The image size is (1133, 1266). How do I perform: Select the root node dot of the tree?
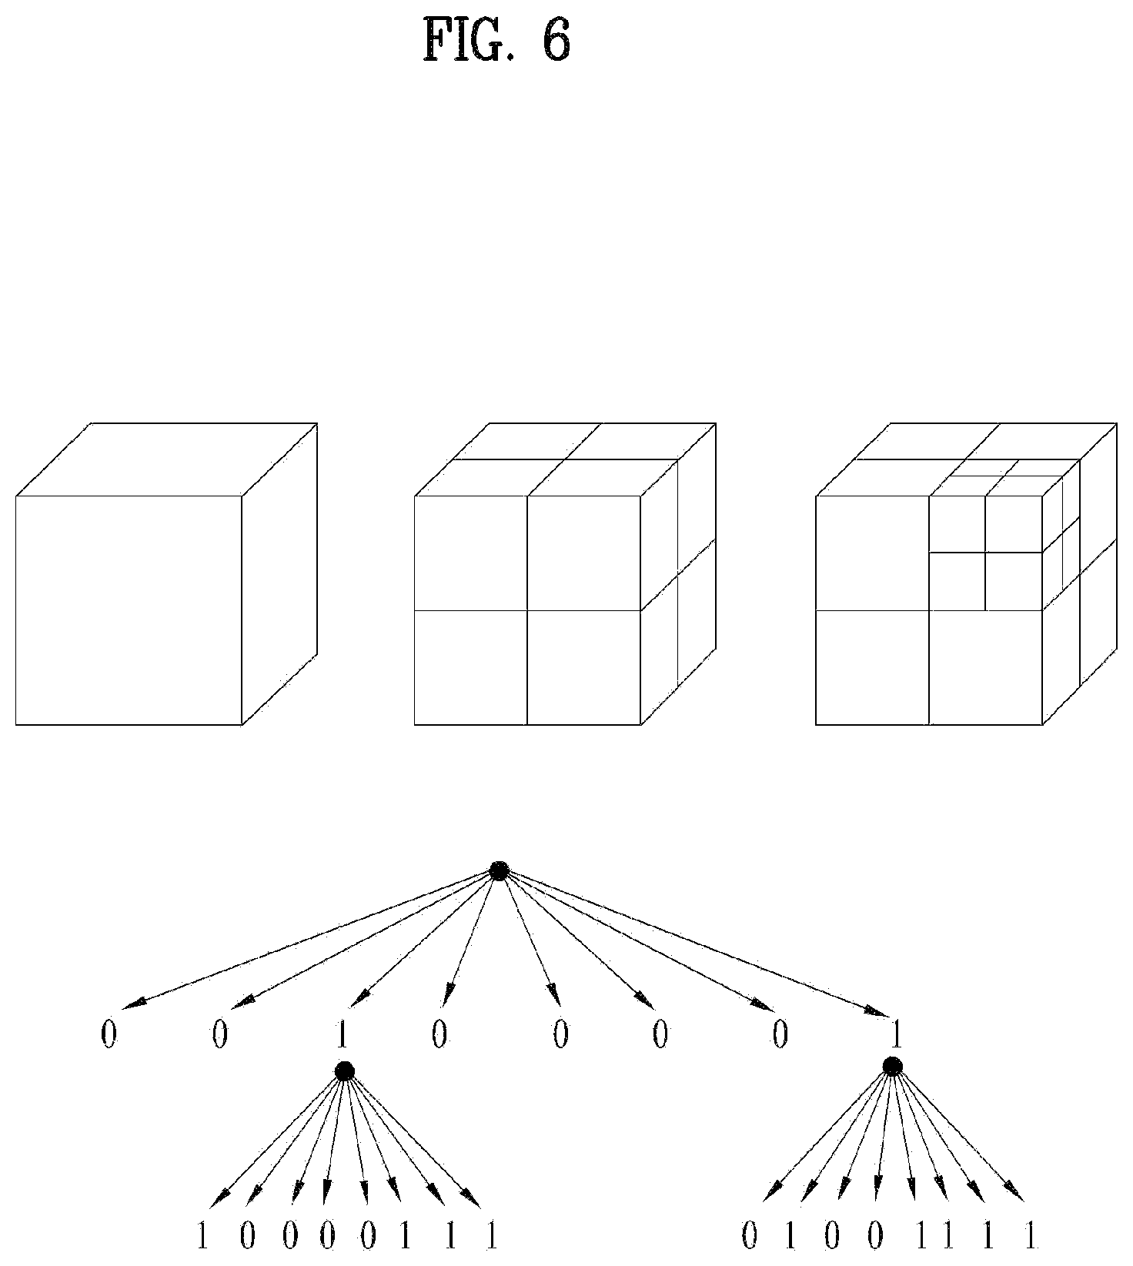(x=500, y=870)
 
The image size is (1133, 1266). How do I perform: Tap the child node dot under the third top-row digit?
(x=344, y=1071)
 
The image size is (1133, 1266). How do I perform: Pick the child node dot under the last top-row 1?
(x=892, y=1066)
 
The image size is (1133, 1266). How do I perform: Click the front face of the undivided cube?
(x=129, y=610)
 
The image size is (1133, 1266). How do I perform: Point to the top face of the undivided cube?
(x=166, y=459)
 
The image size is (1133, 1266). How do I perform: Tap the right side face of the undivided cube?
(x=280, y=573)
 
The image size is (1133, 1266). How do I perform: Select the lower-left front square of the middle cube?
(x=471, y=667)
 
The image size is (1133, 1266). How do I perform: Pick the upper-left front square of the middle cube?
(x=471, y=553)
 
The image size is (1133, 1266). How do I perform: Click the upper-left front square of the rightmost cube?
(x=872, y=553)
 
